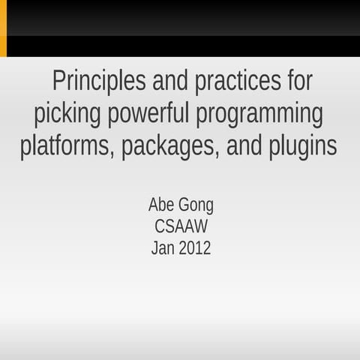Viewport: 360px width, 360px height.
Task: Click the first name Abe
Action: tap(160, 205)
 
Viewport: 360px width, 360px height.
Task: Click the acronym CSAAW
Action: tap(181, 226)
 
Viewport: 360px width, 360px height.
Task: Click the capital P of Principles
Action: tap(58, 82)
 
